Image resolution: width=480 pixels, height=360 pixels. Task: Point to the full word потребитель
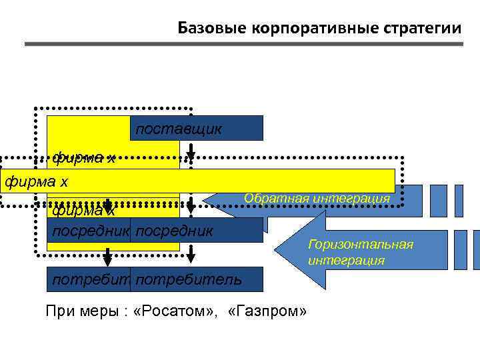(x=189, y=279)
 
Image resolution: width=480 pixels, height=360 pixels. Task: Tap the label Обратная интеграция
(x=316, y=199)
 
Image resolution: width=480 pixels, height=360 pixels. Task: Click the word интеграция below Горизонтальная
(x=346, y=260)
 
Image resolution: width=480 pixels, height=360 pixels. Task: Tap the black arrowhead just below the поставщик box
(x=190, y=160)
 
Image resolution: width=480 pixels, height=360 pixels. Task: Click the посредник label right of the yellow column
(x=175, y=231)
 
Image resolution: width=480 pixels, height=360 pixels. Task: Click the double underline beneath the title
(x=243, y=44)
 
